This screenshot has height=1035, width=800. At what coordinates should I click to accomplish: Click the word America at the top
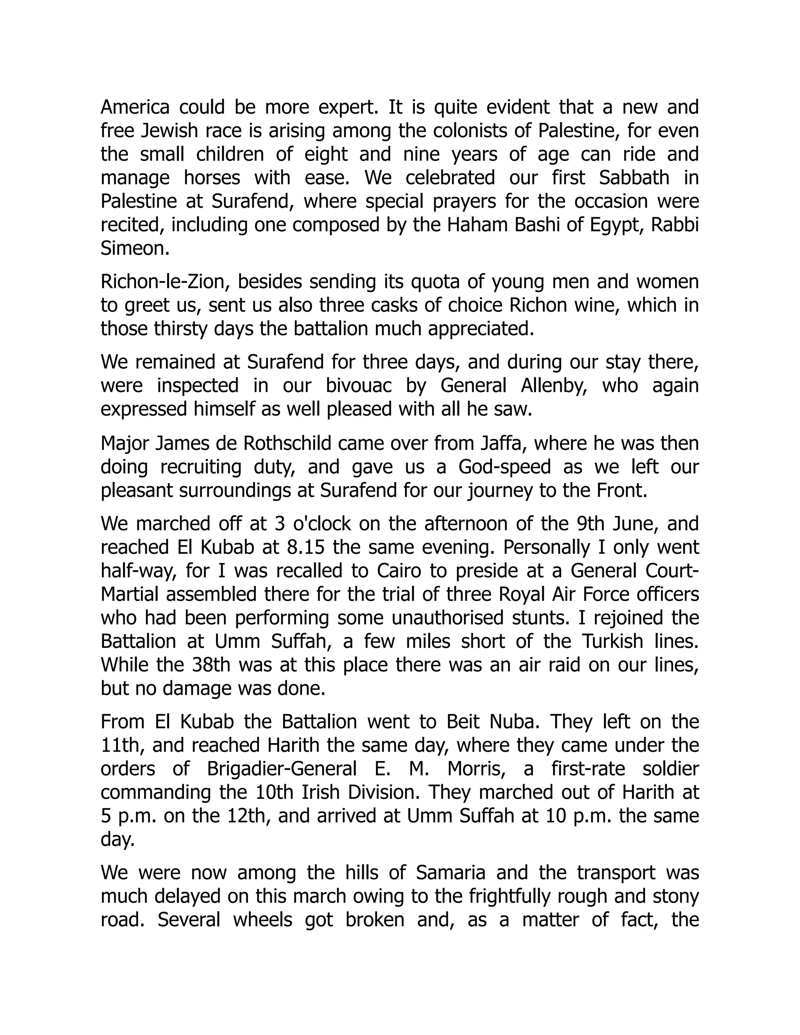pyautogui.click(x=135, y=107)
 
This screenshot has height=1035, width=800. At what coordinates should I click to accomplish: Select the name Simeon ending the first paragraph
pyautogui.click(x=135, y=249)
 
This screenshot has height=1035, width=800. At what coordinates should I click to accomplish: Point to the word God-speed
pyautogui.click(x=504, y=467)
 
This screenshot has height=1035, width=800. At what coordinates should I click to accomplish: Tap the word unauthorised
pyautogui.click(x=484, y=618)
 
